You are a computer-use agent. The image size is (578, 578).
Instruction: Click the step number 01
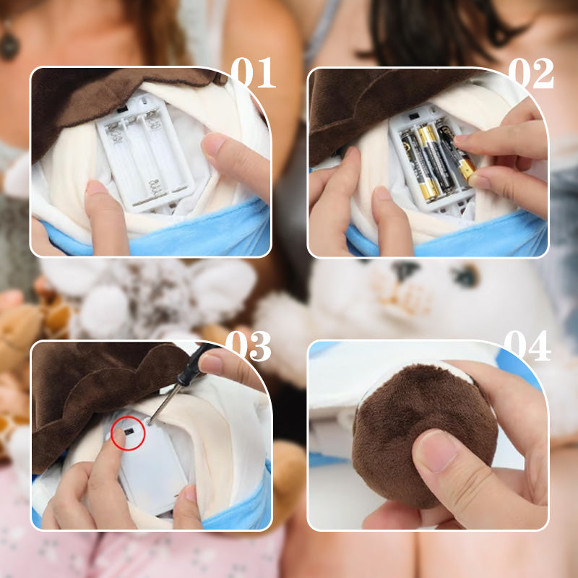(253, 73)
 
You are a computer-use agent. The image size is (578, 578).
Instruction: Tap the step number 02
(531, 74)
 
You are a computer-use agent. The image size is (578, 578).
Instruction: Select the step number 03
(249, 346)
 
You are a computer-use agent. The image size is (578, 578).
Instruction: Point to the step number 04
(527, 346)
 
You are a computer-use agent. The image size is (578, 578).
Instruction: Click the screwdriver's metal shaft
(165, 403)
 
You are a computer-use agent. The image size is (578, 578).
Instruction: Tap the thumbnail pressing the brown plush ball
(438, 451)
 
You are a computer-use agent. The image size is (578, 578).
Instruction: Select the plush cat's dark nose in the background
(405, 269)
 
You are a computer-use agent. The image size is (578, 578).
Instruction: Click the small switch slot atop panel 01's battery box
(121, 110)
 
